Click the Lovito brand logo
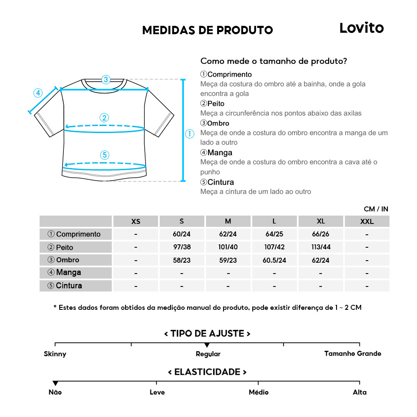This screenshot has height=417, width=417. (361, 28)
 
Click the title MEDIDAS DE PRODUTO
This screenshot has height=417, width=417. (207, 30)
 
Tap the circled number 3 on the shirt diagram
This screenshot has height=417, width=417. (106, 79)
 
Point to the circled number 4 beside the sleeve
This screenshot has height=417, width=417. (38, 93)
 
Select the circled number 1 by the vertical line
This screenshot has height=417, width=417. (190, 134)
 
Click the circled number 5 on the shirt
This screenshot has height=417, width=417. (105, 155)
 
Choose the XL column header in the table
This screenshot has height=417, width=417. (321, 221)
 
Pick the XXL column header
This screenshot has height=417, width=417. (367, 221)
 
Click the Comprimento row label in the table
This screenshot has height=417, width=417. (76, 234)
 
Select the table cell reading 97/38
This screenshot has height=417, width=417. (182, 247)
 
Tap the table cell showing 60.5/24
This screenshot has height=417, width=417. (274, 260)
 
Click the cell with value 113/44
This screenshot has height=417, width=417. (321, 247)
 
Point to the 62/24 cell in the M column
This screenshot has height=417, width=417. (228, 234)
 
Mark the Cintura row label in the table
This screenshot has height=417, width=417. (76, 286)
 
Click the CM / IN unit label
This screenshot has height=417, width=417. (376, 209)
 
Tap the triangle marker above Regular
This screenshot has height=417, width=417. (207, 345)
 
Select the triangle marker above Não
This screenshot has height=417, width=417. (55, 383)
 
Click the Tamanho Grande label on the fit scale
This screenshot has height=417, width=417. (353, 354)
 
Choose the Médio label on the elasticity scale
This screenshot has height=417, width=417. (259, 392)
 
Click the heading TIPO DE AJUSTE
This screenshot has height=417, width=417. (207, 334)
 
